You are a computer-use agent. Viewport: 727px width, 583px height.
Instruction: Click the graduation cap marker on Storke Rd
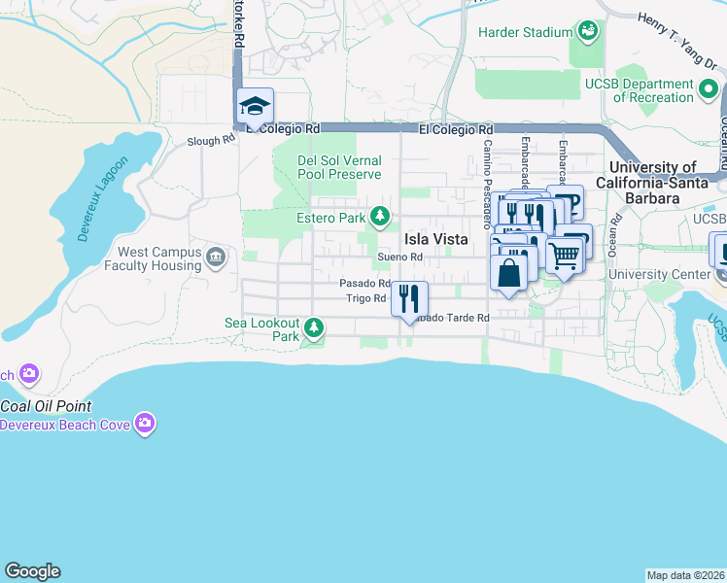(256, 107)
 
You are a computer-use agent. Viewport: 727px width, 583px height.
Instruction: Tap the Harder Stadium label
(525, 32)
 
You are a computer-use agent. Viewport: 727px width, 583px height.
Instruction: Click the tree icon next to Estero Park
(384, 216)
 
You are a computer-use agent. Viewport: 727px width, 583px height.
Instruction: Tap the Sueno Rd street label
(400, 257)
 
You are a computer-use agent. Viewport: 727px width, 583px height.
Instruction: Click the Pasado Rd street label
(364, 284)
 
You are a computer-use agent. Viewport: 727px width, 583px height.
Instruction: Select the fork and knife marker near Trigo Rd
(409, 297)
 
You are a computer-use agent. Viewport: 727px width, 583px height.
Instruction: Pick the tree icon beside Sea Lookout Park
(313, 326)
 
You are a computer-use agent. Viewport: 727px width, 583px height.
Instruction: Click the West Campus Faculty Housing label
(160, 258)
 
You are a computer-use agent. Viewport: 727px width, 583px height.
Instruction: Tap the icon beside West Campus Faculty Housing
(216, 257)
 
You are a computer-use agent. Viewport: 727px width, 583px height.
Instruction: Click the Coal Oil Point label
(46, 405)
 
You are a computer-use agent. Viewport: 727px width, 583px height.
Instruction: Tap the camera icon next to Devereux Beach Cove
(145, 422)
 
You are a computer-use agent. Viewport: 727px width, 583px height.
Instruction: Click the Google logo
(32, 571)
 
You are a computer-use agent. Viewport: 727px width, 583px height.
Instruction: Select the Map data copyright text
(685, 575)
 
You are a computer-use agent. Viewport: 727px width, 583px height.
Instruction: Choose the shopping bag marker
(509, 271)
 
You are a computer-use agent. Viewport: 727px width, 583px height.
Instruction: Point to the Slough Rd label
(211, 140)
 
